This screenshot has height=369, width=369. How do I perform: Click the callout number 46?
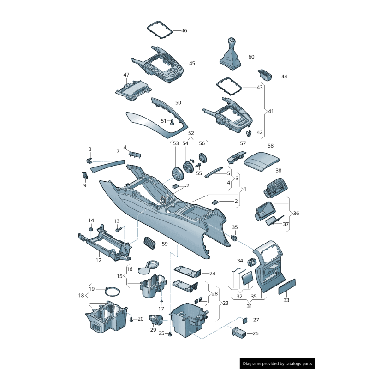[184, 31]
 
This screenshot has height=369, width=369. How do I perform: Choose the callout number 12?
[98, 261]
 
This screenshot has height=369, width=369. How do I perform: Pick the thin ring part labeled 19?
[112, 292]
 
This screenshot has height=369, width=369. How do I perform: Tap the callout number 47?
[126, 75]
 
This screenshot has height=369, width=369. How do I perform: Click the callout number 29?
[153, 330]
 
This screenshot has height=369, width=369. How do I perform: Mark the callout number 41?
[271, 111]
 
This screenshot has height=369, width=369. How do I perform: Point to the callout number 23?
[225, 303]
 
